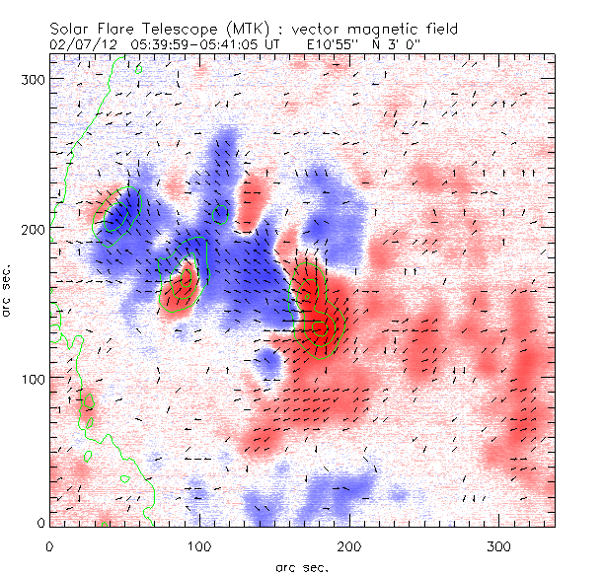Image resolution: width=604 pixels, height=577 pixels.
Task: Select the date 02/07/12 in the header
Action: (81, 43)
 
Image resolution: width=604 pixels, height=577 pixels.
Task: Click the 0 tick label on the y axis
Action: (39, 523)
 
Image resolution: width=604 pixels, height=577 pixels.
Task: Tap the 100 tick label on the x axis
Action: (200, 545)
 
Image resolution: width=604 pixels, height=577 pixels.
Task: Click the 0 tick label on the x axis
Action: (49, 545)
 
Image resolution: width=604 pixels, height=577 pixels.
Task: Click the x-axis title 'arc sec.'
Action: (302, 566)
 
